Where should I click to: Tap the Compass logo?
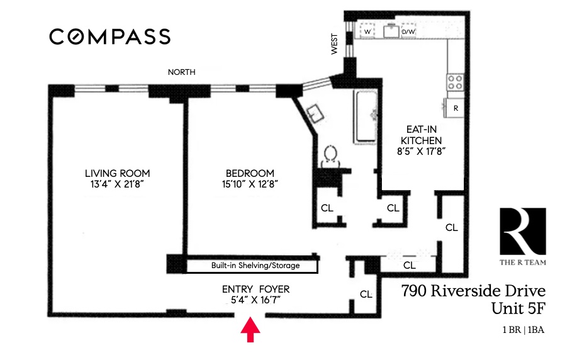(x=109, y=37)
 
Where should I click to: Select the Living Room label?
(x=117, y=174)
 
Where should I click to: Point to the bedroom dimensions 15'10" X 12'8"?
(x=250, y=184)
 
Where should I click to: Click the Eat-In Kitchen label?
(x=422, y=135)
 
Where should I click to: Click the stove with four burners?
(x=455, y=81)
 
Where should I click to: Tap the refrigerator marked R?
(x=455, y=108)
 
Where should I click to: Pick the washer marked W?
(x=367, y=31)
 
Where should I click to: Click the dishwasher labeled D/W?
(x=408, y=31)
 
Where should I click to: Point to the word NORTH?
(x=181, y=72)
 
